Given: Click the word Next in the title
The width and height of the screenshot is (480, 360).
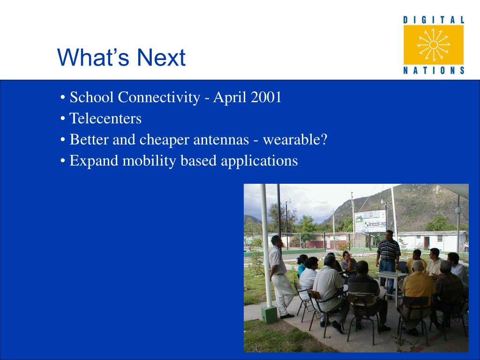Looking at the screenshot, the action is (161, 57).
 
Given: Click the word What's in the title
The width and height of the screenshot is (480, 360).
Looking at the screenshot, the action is (93, 57).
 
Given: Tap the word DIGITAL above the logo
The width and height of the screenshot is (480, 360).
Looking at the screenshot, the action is (434, 20).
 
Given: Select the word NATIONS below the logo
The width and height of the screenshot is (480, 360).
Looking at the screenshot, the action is (434, 70).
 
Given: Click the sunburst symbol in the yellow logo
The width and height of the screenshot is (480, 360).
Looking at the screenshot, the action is (434, 45).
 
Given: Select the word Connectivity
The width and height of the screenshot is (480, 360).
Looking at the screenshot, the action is (159, 98).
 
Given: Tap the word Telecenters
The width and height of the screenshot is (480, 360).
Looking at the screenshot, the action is (105, 119).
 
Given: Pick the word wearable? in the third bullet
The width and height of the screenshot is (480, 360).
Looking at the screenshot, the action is (295, 140).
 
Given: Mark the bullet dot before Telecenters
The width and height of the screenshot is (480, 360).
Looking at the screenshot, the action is (63, 119).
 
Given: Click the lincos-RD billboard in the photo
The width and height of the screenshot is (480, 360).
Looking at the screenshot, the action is (370, 221).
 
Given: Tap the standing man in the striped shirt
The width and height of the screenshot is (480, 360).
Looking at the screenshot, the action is (388, 260).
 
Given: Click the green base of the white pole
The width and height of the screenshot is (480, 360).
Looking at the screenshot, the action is (270, 315).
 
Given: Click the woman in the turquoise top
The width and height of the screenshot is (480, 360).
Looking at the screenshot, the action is (302, 264).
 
